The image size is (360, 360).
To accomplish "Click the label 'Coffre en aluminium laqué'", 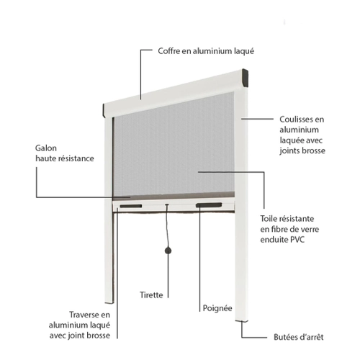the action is (206, 51).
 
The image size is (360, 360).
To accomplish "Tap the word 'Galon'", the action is (46, 148).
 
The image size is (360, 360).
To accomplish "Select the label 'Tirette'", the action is (151, 295).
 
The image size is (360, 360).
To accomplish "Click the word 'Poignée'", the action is (217, 308).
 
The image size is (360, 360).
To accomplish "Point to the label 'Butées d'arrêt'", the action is (299, 337).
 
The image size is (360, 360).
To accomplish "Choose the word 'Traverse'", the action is (84, 315).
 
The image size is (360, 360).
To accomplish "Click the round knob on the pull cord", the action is (168, 251).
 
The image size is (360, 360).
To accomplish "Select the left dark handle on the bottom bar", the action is (131, 206).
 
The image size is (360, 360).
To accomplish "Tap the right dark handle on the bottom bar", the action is (209, 205).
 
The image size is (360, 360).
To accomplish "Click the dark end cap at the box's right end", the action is (245, 78).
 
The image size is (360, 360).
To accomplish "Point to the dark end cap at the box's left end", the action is (104, 110).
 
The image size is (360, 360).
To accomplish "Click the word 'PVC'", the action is (297, 240).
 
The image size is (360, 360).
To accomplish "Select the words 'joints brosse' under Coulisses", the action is (302, 150).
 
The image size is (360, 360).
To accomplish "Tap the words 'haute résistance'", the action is (65, 158).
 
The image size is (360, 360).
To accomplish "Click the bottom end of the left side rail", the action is (109, 302).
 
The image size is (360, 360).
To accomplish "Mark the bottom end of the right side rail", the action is (242, 320).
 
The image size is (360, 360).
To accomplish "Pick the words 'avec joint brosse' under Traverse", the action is (80, 336).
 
